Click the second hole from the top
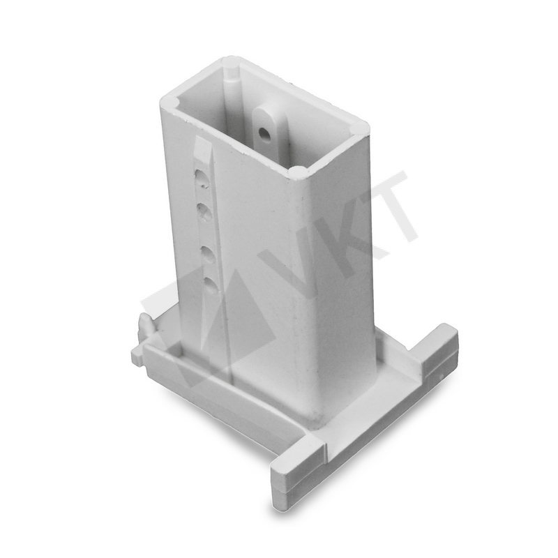pyautogui.click(x=204, y=212)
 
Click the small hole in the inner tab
pyautogui.click(x=263, y=135)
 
